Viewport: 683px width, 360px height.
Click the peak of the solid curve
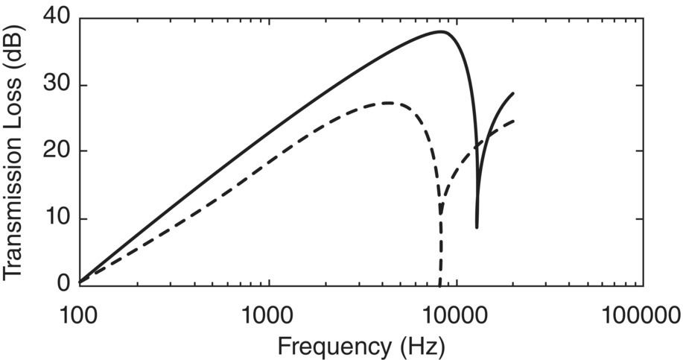click(x=442, y=31)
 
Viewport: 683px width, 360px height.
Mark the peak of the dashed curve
click(x=388, y=103)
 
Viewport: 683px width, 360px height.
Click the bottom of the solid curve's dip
click(x=477, y=227)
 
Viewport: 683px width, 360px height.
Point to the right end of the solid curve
click(x=513, y=93)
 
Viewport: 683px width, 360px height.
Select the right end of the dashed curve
click(x=513, y=121)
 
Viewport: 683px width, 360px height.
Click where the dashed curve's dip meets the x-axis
click(x=439, y=284)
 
